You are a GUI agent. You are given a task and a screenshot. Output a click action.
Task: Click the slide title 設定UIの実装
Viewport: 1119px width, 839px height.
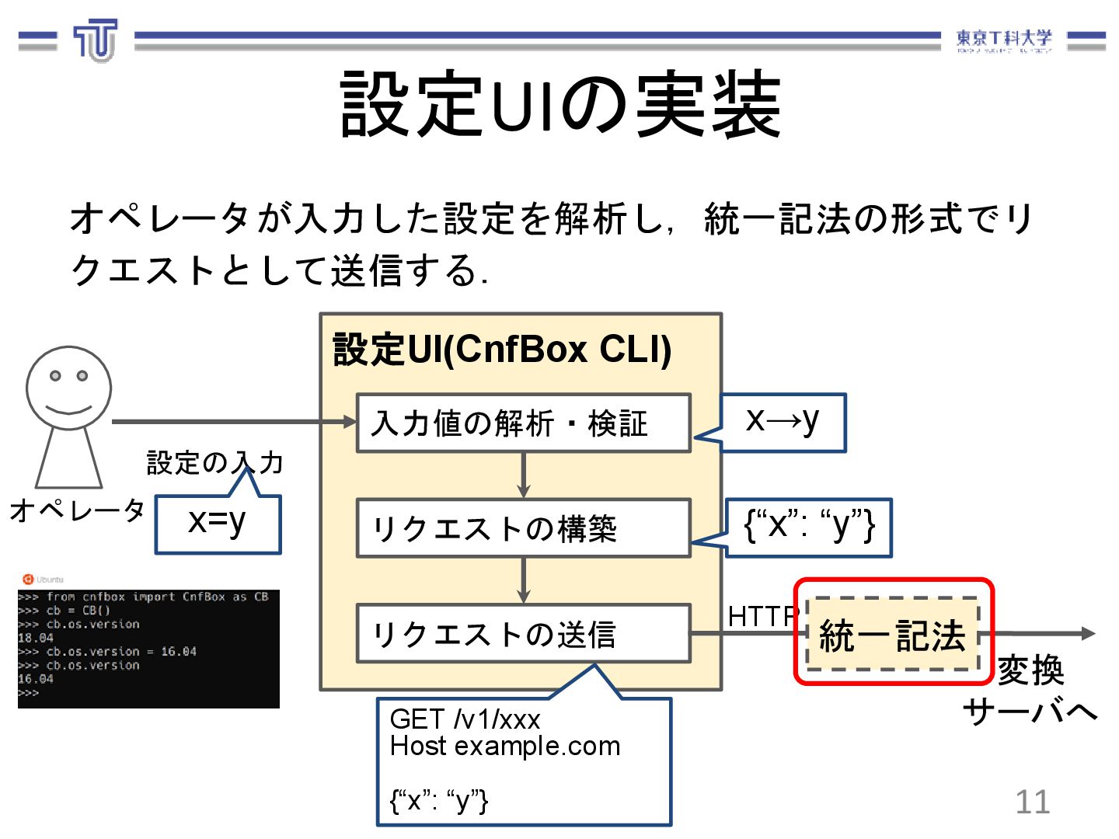(560, 105)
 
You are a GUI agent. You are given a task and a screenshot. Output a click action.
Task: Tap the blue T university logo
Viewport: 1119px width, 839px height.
(96, 40)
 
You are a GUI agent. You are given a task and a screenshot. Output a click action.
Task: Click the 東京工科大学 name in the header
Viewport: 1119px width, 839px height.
(1003, 39)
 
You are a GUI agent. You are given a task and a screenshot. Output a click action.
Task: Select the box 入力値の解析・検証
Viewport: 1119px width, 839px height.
(523, 423)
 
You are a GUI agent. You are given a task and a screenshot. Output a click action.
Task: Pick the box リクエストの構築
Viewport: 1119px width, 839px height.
(523, 528)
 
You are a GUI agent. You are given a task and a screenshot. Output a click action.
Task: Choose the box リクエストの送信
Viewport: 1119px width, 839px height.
(523, 634)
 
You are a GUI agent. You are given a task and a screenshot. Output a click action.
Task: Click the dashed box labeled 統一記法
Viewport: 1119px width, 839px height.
(893, 634)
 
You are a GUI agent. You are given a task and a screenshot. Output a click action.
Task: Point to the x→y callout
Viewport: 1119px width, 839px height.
(783, 422)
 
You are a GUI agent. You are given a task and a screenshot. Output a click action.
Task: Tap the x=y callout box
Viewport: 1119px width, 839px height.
(218, 523)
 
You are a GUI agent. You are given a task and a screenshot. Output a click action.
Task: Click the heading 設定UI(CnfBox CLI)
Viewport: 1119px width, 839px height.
(502, 350)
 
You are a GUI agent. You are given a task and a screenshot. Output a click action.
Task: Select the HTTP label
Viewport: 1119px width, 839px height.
(762, 616)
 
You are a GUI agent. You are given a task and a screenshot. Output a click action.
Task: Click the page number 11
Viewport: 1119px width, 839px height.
(1032, 802)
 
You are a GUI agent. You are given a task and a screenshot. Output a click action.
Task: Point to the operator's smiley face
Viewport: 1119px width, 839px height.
(68, 388)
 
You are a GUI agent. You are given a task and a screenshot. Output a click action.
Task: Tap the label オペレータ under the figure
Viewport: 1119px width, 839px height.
(77, 510)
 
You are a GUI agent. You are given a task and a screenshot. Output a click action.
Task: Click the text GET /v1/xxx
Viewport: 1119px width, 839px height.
(465, 719)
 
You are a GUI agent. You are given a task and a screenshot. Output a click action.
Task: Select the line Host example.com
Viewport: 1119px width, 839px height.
(505, 747)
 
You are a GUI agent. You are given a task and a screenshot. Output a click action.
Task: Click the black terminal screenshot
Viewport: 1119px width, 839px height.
(148, 648)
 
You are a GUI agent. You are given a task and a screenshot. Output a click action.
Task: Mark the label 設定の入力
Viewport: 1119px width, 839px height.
(214, 463)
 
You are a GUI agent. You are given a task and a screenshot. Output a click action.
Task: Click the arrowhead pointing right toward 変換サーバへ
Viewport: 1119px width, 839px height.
(1087, 634)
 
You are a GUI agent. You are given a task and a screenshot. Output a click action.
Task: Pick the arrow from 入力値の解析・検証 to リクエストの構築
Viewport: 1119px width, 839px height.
(524, 475)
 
